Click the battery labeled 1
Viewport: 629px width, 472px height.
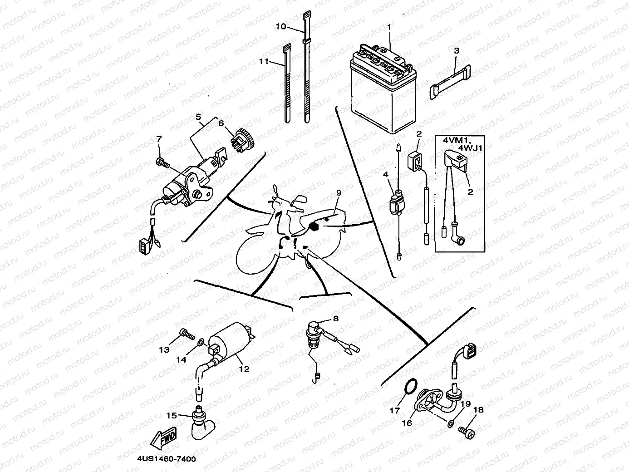[382, 93]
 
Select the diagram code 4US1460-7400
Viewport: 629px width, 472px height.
[166, 459]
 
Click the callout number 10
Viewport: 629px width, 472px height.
[281, 26]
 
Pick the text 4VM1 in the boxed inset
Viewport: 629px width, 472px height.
[452, 141]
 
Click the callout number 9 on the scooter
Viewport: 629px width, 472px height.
[338, 192]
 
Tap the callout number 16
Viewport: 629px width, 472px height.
[407, 423]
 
